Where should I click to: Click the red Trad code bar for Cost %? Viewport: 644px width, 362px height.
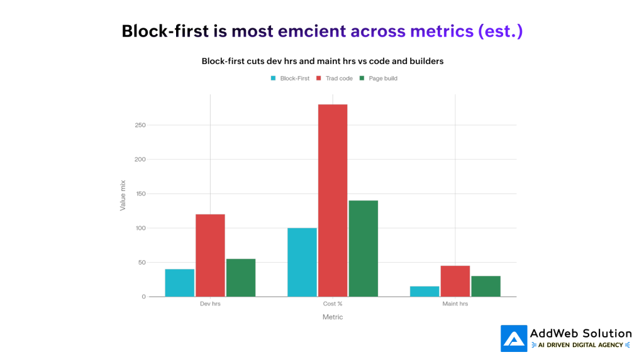coord(333,200)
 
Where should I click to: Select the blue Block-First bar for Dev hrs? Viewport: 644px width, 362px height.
coord(180,283)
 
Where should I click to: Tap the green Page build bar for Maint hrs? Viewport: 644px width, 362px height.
coord(486,286)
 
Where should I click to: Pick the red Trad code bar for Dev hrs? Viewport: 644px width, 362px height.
coord(210,255)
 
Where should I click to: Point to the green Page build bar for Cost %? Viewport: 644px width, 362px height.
coord(363,248)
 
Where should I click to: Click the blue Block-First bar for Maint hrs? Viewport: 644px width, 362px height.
coord(425,291)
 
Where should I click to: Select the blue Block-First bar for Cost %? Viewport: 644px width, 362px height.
coord(302,262)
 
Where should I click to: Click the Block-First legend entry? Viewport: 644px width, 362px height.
coord(290,79)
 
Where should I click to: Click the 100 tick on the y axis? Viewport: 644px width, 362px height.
coord(139,228)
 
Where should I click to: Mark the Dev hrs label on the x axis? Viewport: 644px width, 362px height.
coord(210,304)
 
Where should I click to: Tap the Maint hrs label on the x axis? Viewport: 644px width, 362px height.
coord(455,304)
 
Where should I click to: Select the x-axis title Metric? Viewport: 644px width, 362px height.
coord(333,317)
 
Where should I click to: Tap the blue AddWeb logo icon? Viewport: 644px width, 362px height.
coord(513,338)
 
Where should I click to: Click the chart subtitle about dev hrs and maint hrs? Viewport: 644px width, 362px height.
coord(322,61)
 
